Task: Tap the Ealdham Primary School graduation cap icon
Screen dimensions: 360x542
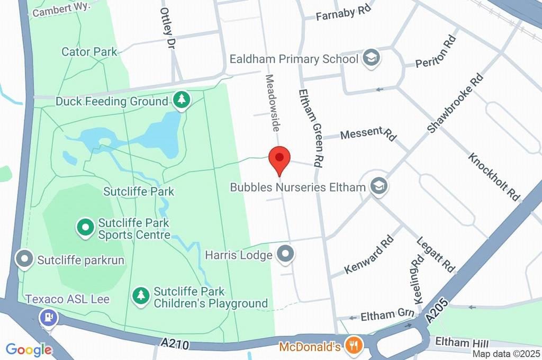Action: pyautogui.click(x=372, y=59)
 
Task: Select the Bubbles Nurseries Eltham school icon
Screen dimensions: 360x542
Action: pyautogui.click(x=379, y=186)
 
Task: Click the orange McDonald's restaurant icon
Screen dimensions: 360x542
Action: pyautogui.click(x=353, y=346)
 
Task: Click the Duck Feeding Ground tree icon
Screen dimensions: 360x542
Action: pyautogui.click(x=182, y=100)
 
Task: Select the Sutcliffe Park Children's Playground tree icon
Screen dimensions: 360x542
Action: pyautogui.click(x=141, y=296)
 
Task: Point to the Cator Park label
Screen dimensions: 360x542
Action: pyautogui.click(x=82, y=52)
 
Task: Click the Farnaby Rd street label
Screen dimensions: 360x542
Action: pyautogui.click(x=342, y=14)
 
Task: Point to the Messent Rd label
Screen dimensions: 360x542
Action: pyautogui.click(x=368, y=134)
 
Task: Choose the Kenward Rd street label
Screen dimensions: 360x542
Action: pyautogui.click(x=369, y=255)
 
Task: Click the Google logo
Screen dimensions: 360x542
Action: pyautogui.click(x=29, y=349)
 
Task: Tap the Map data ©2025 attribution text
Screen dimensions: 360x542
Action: pyautogui.click(x=507, y=354)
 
